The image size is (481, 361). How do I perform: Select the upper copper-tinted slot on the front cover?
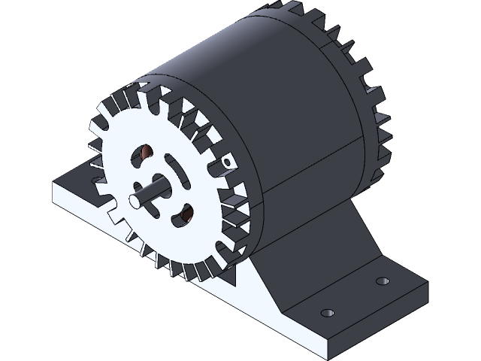pyautogui.click(x=141, y=156)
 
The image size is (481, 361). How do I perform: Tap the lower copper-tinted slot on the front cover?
pyautogui.click(x=180, y=217)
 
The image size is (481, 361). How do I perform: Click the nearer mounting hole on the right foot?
pyautogui.click(x=326, y=312)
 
